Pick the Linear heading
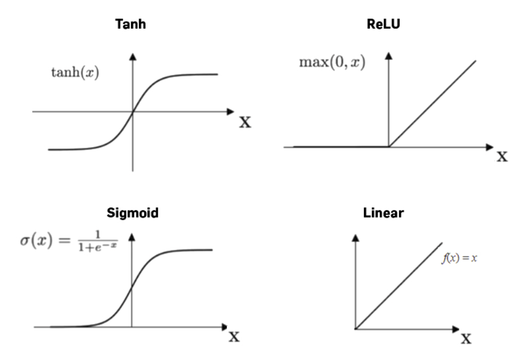coord(383,213)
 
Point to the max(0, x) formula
coord(332,62)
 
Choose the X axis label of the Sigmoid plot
coord(234,337)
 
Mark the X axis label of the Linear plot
coord(466,339)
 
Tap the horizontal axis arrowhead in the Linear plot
coord(456,329)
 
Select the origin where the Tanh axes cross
coord(133,112)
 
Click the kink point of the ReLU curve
coord(389,147)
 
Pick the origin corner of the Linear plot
coord(356,329)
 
